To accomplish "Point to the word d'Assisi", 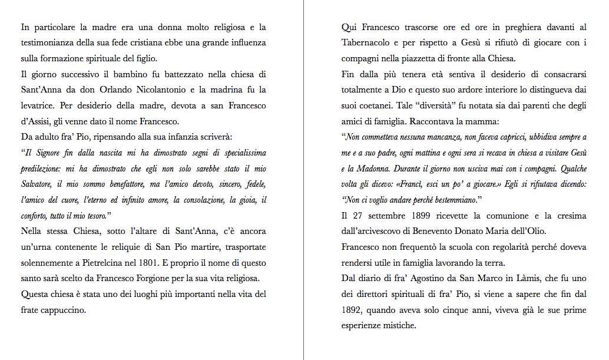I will click(38, 122).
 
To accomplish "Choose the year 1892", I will click(352, 309).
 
